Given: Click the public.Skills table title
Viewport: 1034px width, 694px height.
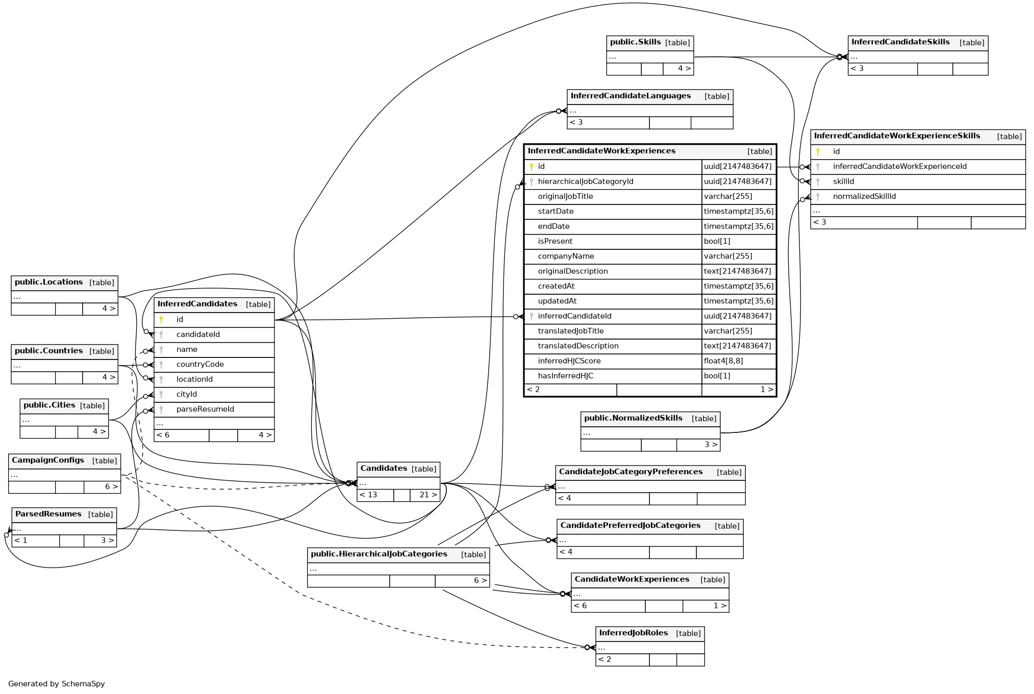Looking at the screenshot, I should coord(635,42).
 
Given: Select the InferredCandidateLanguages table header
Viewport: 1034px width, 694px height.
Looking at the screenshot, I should coord(631,96).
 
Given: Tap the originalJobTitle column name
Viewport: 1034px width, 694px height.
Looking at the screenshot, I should coord(565,196).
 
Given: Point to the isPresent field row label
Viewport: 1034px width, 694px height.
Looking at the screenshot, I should coord(555,241).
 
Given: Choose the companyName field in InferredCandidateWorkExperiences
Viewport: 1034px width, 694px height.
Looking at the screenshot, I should coord(566,256).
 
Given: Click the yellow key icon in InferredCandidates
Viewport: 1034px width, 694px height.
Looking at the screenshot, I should coord(161,320).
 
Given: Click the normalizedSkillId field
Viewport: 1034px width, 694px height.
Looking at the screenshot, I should coord(864,196).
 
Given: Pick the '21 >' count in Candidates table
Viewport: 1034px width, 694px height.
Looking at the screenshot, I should coord(427,495).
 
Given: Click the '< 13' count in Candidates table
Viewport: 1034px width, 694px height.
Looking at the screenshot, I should coord(368,495).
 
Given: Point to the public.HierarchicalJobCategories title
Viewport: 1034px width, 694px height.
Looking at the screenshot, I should coord(379,554).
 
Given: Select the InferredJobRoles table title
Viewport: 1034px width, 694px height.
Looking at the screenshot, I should coord(633,633).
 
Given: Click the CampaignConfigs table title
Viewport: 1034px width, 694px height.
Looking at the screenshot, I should coord(48,460).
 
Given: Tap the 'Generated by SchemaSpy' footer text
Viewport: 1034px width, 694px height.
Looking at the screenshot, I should coord(56,684).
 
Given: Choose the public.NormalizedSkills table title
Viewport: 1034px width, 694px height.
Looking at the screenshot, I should coord(633,418).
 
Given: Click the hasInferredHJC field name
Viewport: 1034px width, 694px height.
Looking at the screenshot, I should coord(565,376).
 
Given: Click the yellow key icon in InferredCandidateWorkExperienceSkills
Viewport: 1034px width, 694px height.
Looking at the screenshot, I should coord(818,151).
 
